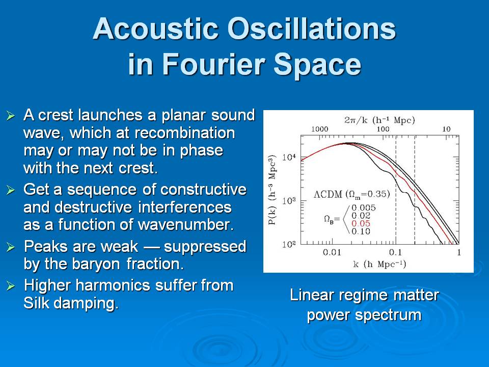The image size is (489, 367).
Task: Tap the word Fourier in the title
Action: pos(213,65)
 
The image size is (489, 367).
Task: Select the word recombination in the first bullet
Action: pos(185,133)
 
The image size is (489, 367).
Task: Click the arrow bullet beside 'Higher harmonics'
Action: pos(11,286)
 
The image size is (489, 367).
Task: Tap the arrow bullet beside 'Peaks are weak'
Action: pos(11,247)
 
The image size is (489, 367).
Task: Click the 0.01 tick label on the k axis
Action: pos(332,252)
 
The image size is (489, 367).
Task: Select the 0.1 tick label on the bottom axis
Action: pos(395,252)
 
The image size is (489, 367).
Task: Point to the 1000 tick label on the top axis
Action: pos(319,129)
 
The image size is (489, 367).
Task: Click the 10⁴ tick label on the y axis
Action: pos(288,157)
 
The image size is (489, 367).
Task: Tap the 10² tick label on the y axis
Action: pos(288,244)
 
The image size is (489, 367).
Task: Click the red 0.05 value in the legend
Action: pos(361,223)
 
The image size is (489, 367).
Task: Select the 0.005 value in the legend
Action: pos(364,207)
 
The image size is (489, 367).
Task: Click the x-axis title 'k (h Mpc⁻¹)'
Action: pos(379,265)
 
